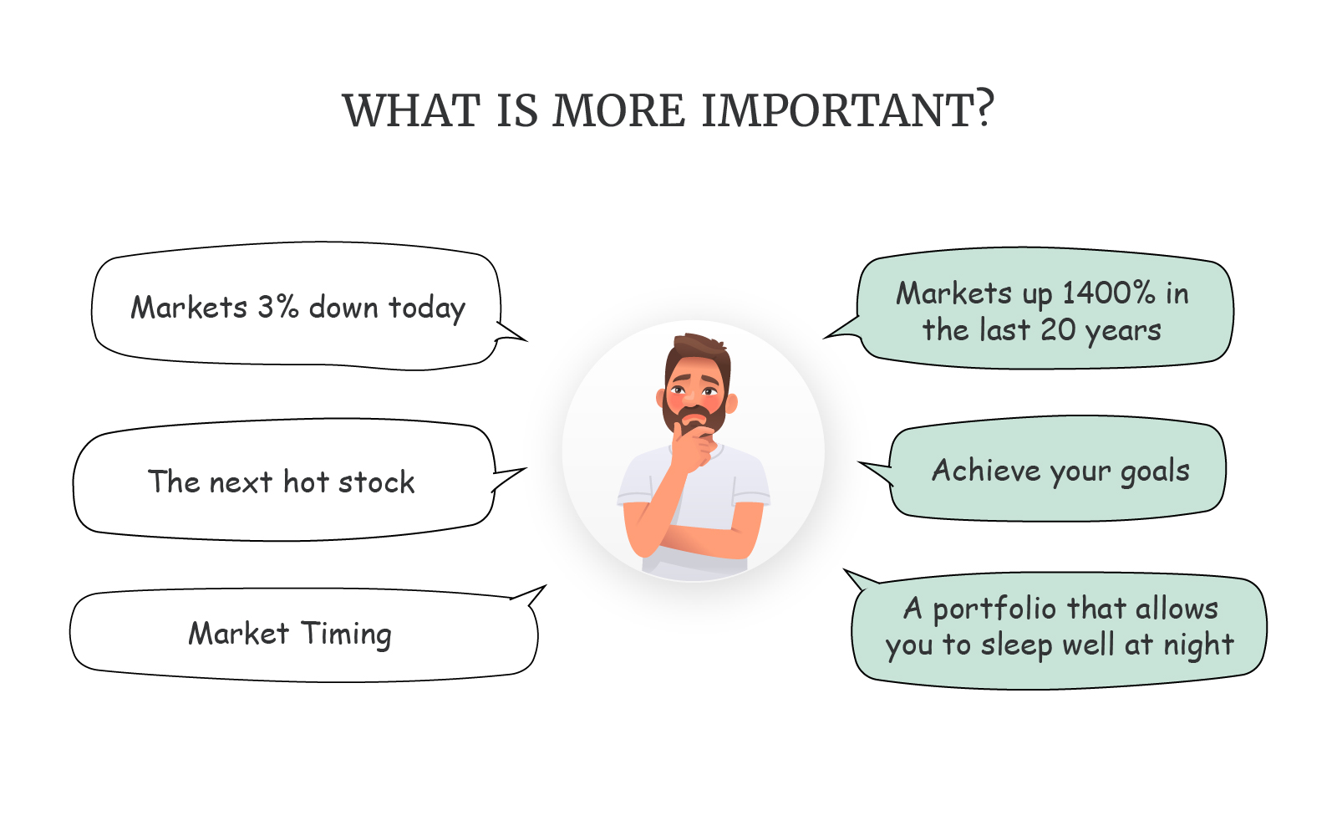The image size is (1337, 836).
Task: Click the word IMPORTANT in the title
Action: click(838, 110)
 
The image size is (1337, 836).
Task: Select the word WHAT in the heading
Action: click(411, 110)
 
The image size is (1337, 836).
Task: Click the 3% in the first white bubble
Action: click(277, 307)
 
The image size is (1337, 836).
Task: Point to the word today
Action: click(426, 308)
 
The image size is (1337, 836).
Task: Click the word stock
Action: click(376, 482)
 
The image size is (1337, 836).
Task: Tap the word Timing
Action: click(346, 635)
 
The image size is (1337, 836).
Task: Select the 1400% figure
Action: click(1109, 293)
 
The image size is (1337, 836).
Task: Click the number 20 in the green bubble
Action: click(1058, 329)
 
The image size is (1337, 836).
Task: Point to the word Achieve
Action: click(986, 470)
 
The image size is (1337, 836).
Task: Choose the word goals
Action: click(1155, 472)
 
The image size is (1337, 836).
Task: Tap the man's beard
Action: click(694, 415)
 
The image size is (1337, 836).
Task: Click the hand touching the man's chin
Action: click(693, 445)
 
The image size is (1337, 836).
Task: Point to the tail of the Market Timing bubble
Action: click(530, 594)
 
